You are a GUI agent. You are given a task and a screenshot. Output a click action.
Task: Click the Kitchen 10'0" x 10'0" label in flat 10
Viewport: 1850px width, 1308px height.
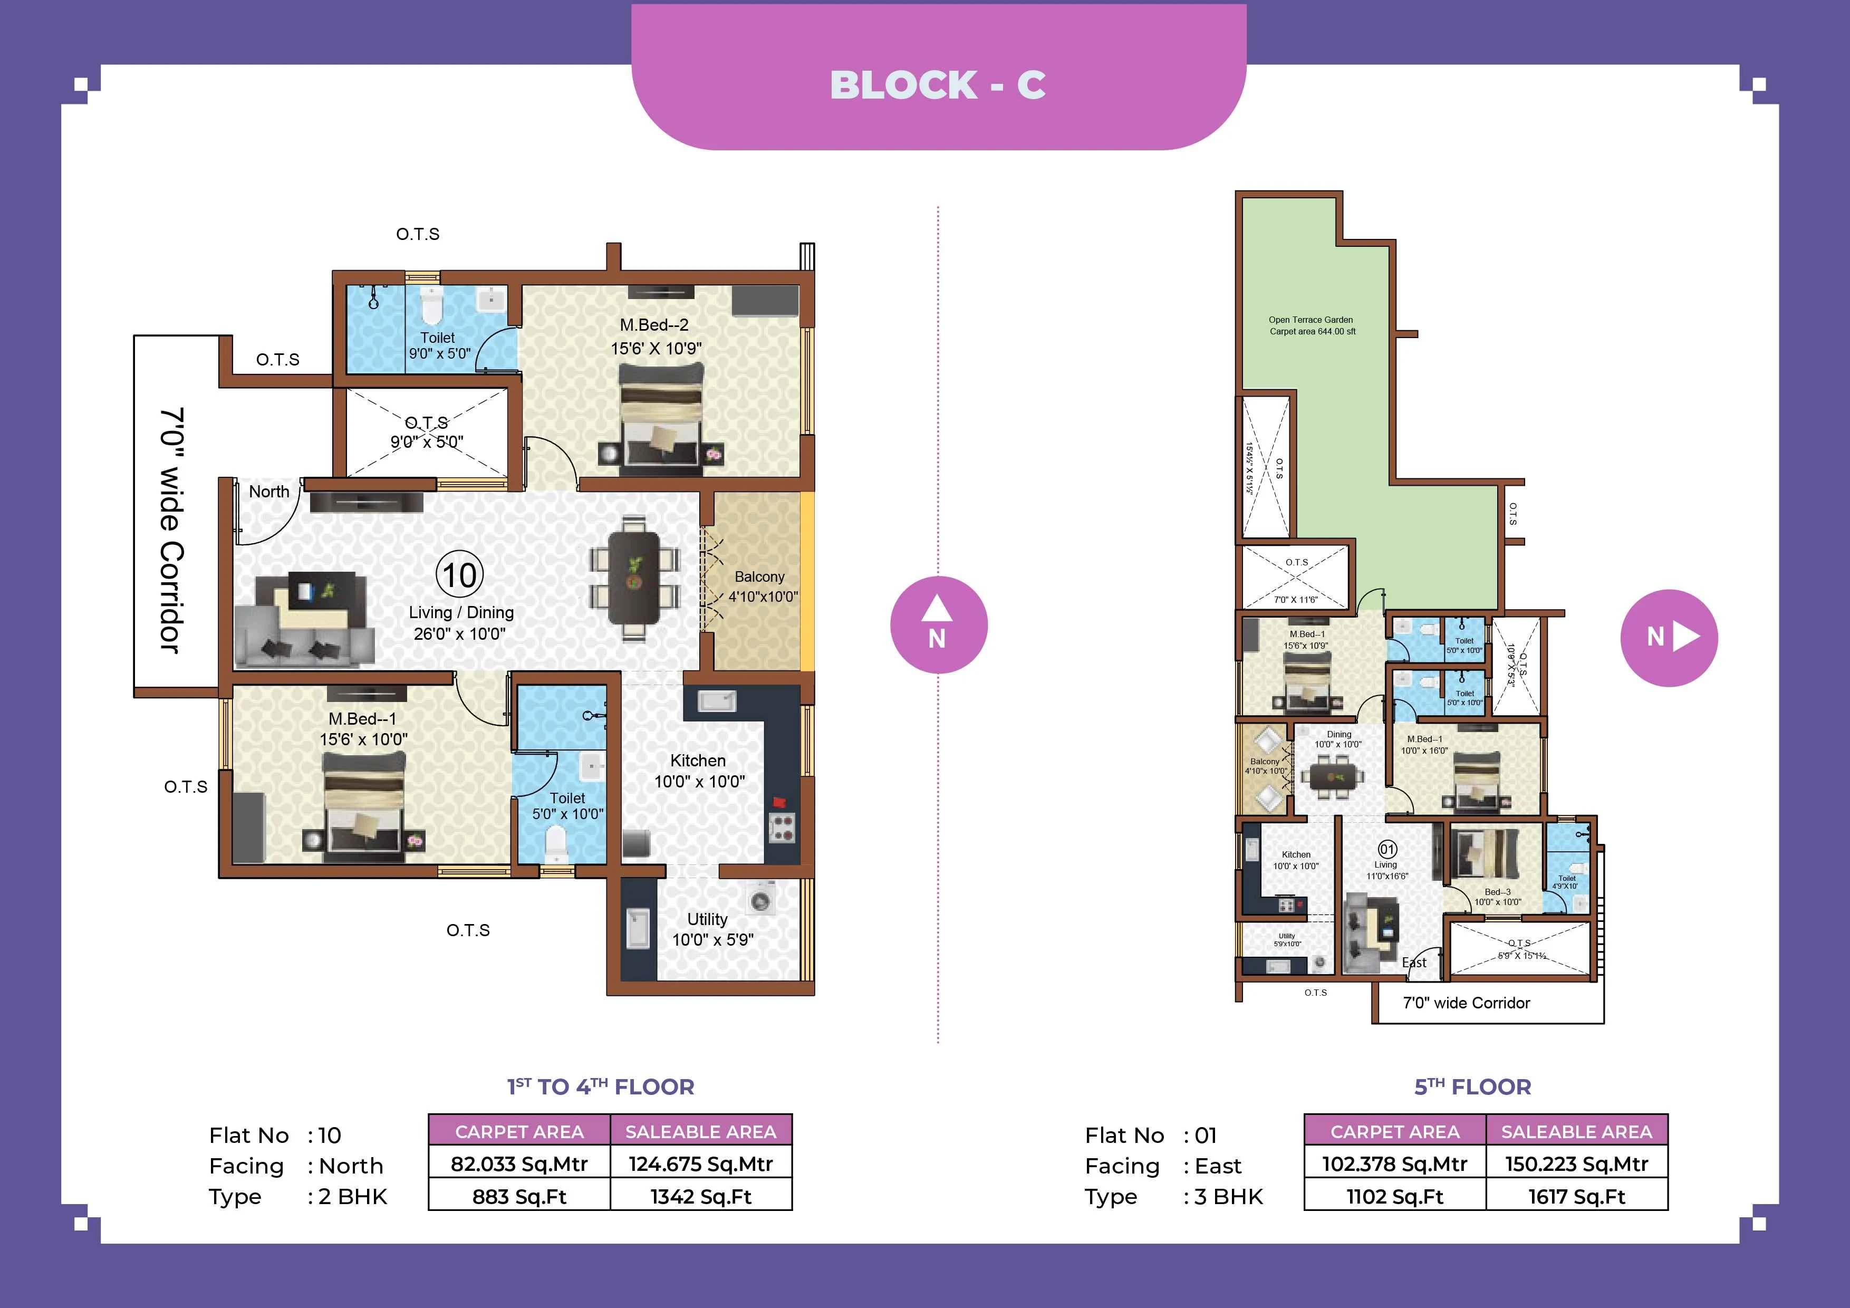tap(699, 771)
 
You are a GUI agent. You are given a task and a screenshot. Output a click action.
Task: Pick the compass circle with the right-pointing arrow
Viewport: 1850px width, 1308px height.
tap(1669, 638)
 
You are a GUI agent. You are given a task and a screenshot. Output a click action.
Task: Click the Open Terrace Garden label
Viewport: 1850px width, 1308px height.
tap(1312, 325)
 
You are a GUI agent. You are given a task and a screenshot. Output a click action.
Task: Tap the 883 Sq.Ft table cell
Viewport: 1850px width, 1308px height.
tap(519, 1196)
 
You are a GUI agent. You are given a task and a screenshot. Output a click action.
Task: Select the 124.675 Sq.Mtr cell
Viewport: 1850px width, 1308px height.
tap(700, 1163)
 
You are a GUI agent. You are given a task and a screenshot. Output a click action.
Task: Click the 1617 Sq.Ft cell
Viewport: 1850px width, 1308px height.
tap(1576, 1196)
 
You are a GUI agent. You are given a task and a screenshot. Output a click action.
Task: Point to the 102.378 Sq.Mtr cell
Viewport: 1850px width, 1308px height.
tap(1394, 1163)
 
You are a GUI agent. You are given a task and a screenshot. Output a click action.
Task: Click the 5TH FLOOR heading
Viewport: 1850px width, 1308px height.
tap(1472, 1086)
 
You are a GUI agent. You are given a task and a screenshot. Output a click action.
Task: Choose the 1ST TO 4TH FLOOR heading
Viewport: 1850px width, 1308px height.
tap(600, 1086)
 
